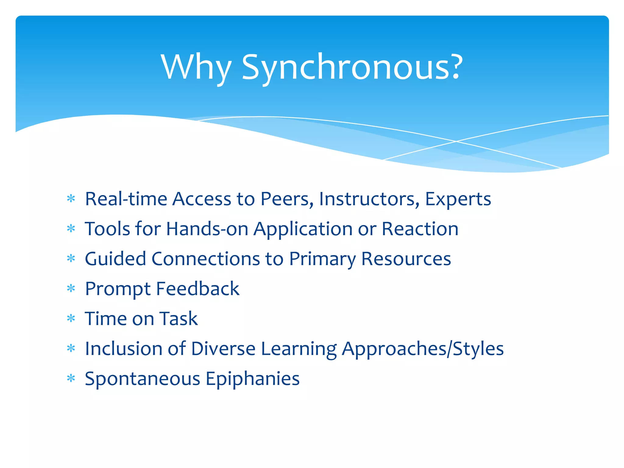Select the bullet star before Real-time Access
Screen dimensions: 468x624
coord(71,199)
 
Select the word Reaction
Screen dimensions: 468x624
coord(420,229)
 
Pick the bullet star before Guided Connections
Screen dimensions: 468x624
coord(71,259)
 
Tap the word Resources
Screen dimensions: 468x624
coord(406,259)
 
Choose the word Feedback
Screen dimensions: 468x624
coord(197,289)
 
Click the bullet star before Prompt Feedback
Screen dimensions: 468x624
coord(71,289)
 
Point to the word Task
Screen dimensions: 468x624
coord(179,319)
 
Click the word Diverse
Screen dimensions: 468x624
coord(223,349)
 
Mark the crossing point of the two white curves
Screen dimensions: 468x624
coord(456,141)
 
